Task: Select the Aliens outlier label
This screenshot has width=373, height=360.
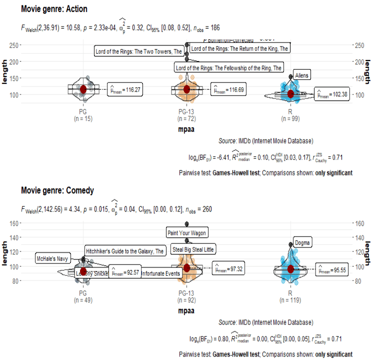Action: tap(302, 75)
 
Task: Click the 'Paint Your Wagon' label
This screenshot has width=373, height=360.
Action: tap(186, 232)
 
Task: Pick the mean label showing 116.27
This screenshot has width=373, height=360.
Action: tap(126, 90)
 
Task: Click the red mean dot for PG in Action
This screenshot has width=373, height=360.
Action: tap(83, 89)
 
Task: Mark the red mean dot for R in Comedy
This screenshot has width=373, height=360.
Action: tap(290, 269)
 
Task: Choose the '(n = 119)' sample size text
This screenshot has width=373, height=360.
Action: tap(290, 300)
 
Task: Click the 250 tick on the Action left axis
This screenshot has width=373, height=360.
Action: tap(12, 45)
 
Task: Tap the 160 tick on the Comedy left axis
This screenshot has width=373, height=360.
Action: tap(12, 224)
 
